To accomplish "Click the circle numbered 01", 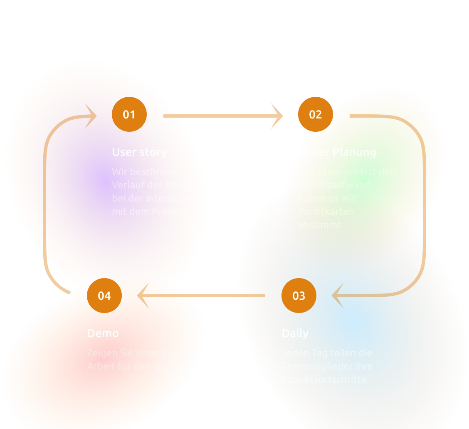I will coord(129,114).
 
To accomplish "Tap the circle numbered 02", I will coord(315,114).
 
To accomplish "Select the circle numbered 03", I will coord(299,296).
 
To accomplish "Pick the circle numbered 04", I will coord(104,296).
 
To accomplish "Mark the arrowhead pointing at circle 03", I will coord(338,296).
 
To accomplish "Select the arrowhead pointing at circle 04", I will coord(144,296).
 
